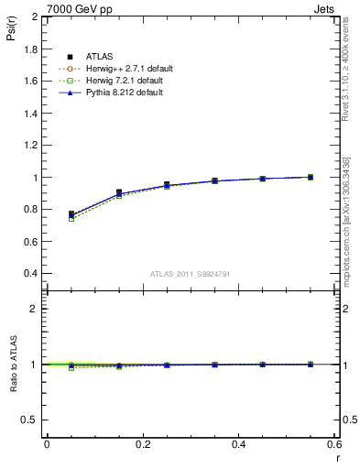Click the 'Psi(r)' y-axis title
pyautogui.click(x=13, y=33)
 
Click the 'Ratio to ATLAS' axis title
pyautogui.click(x=13, y=365)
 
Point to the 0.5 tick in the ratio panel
pyautogui.click(x=31, y=420)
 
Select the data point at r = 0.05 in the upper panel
pyautogui.click(x=71, y=214)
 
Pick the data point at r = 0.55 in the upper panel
pyautogui.click(x=311, y=177)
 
